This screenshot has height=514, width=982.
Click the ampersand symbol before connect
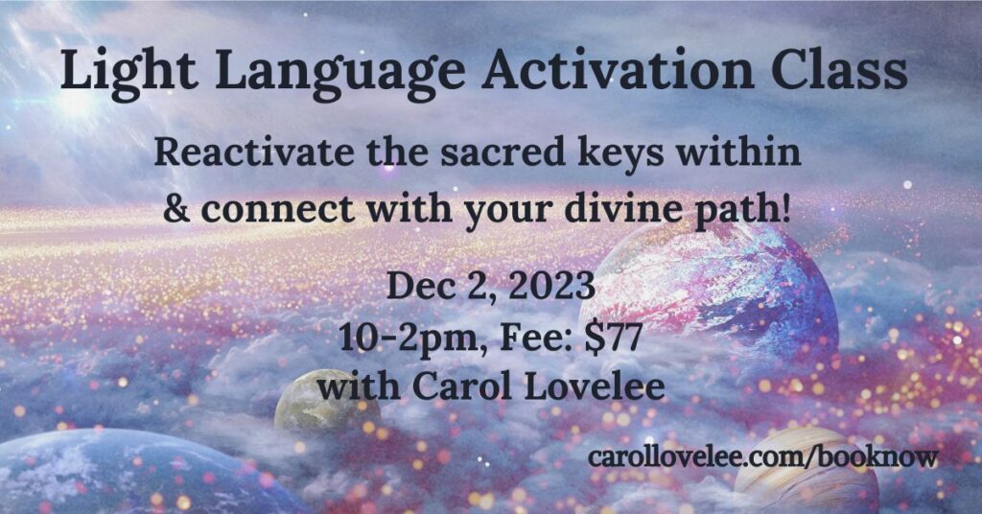tap(176, 208)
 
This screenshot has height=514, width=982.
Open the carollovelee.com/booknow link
tap(762, 456)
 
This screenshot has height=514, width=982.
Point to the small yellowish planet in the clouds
tap(327, 401)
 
